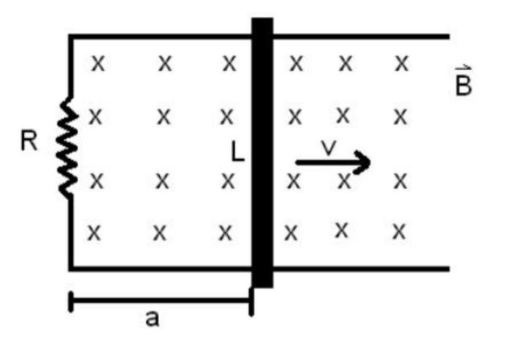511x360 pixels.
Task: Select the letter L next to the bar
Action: pos(238,151)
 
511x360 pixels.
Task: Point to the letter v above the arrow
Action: pos(329,148)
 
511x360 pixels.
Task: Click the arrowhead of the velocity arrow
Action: pos(363,163)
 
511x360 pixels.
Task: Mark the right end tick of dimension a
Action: pos(251,301)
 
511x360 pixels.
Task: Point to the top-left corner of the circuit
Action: pos(71,36)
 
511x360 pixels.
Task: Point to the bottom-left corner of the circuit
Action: pos(71,268)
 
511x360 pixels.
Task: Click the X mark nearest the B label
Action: pos(401,64)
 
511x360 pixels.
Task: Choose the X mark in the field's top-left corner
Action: pos(97,64)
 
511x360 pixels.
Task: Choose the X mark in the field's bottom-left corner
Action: pos(94,233)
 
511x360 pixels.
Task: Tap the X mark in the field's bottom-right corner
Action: pos(399,232)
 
